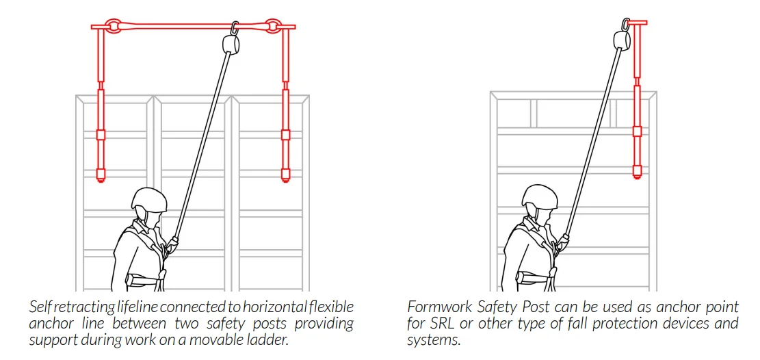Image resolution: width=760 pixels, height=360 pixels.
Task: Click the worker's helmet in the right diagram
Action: pyautogui.click(x=538, y=198)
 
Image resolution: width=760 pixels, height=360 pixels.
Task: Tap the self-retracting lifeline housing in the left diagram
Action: pyautogui.click(x=231, y=44)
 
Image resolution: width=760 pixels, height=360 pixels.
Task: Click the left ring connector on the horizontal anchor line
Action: pyautogui.click(x=112, y=27)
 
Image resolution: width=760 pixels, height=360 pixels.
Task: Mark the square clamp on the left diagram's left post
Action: pyautogui.click(x=101, y=135)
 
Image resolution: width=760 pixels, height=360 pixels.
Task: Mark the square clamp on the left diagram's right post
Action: pyautogui.click(x=286, y=135)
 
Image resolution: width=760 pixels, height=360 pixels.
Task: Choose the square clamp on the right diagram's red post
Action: pyautogui.click(x=637, y=131)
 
